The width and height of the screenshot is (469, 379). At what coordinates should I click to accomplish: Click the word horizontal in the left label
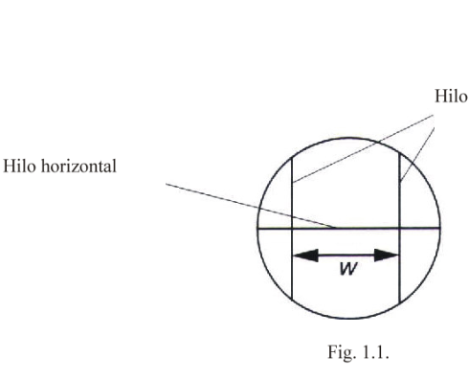(x=78, y=167)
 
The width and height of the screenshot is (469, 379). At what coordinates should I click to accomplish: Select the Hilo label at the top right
(x=451, y=96)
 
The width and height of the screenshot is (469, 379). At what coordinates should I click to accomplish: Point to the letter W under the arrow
(x=347, y=269)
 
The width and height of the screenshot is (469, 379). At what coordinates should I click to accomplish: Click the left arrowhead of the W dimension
(x=305, y=256)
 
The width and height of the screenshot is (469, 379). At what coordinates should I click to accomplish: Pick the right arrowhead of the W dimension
(x=387, y=256)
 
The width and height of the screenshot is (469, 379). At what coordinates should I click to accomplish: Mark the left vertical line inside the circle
(x=292, y=229)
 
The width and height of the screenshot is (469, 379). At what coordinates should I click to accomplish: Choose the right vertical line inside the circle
(x=400, y=228)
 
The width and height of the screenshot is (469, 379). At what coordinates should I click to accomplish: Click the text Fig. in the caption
(x=342, y=352)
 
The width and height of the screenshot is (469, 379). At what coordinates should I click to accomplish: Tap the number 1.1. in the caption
(x=376, y=352)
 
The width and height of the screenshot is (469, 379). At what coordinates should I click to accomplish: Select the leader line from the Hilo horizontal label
(x=251, y=206)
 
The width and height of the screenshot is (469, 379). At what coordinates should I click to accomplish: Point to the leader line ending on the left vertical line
(x=363, y=148)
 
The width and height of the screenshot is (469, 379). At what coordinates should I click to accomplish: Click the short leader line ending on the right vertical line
(x=417, y=155)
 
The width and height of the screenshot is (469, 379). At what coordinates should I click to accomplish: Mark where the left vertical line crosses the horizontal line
(x=292, y=228)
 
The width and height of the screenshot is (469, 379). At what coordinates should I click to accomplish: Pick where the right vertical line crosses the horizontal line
(x=400, y=228)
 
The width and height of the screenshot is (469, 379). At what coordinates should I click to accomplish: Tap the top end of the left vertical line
(x=292, y=157)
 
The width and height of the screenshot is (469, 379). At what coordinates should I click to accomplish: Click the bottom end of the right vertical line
(x=400, y=302)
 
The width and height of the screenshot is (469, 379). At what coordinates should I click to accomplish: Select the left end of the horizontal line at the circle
(x=258, y=228)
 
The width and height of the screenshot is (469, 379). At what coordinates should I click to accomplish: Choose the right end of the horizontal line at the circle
(x=440, y=228)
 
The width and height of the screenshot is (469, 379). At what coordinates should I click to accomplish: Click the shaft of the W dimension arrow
(x=346, y=256)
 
